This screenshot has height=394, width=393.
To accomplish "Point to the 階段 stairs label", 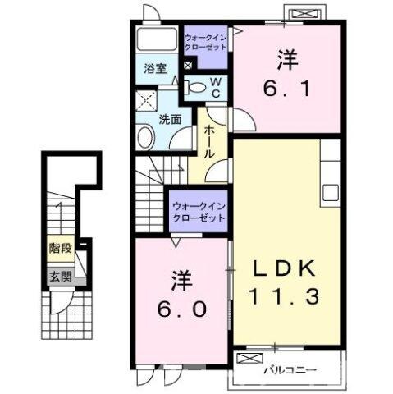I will click(58, 245).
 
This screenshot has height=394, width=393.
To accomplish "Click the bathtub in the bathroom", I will click(157, 40).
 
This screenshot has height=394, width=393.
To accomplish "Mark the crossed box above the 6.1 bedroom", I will click(305, 14).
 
